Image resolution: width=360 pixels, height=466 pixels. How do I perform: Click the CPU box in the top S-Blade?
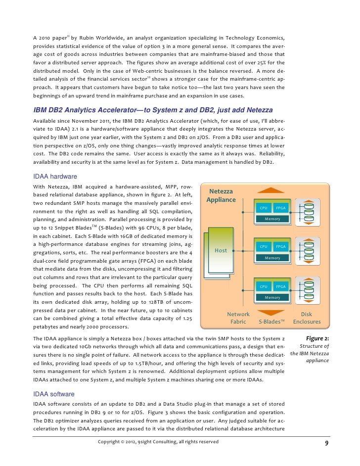[x=264, y=208]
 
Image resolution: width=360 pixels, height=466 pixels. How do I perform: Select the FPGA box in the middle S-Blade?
[x=280, y=246]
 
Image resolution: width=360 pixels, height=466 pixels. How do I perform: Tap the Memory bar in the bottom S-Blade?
[x=272, y=297]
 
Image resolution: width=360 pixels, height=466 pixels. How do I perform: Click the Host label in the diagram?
[x=221, y=250]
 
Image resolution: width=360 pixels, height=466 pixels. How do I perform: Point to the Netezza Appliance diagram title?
[x=221, y=195]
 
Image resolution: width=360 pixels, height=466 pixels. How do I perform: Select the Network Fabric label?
[x=238, y=318]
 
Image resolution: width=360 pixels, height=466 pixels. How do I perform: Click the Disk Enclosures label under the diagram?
[x=307, y=318]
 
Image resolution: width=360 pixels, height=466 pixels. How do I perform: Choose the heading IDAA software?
[x=53, y=394]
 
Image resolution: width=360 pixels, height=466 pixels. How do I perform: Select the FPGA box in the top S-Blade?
[x=280, y=208]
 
